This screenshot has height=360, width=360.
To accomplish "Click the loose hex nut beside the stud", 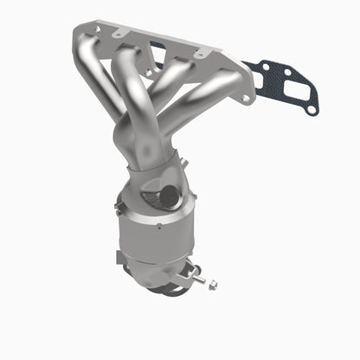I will point(213,285).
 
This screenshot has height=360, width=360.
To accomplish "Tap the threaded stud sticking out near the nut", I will point(202,279).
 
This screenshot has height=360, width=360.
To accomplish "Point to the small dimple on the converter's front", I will point(157,227).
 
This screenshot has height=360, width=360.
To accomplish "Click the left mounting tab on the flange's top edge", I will point(121,29).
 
